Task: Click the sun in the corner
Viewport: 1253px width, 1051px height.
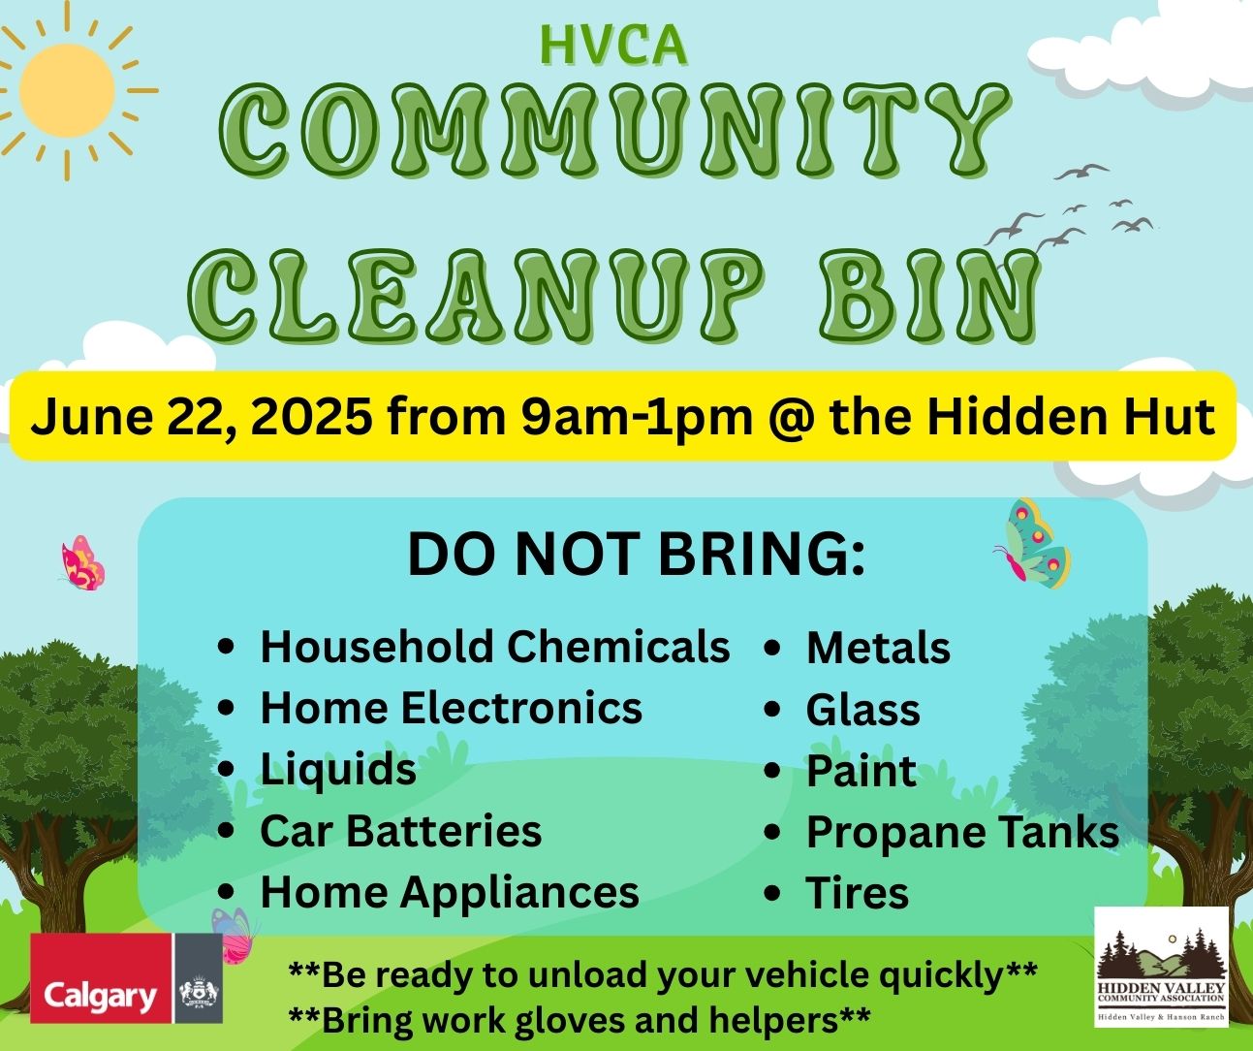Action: tap(67, 90)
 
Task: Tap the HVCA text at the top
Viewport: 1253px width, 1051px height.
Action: tap(613, 46)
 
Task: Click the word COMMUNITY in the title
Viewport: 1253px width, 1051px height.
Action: tap(613, 130)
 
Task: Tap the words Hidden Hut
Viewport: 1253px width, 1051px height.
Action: tap(1071, 416)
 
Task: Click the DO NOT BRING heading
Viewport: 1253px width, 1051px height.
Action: tap(636, 554)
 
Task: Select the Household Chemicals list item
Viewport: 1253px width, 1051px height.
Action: tap(495, 647)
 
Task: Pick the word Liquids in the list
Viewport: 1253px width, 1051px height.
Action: tap(338, 770)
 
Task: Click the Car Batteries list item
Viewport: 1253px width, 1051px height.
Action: tap(401, 831)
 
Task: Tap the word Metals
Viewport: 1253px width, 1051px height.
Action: tap(879, 648)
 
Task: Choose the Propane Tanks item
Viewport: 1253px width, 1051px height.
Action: tap(962, 833)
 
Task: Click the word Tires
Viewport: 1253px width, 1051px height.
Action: tap(858, 892)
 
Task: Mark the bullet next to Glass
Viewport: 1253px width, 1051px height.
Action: tap(773, 710)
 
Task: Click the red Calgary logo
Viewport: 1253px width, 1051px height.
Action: tap(101, 977)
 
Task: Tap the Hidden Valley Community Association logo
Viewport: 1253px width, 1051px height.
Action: tap(1162, 967)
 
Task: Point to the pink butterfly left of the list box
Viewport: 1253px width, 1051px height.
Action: tap(82, 563)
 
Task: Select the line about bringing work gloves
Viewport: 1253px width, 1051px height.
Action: tap(580, 1020)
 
